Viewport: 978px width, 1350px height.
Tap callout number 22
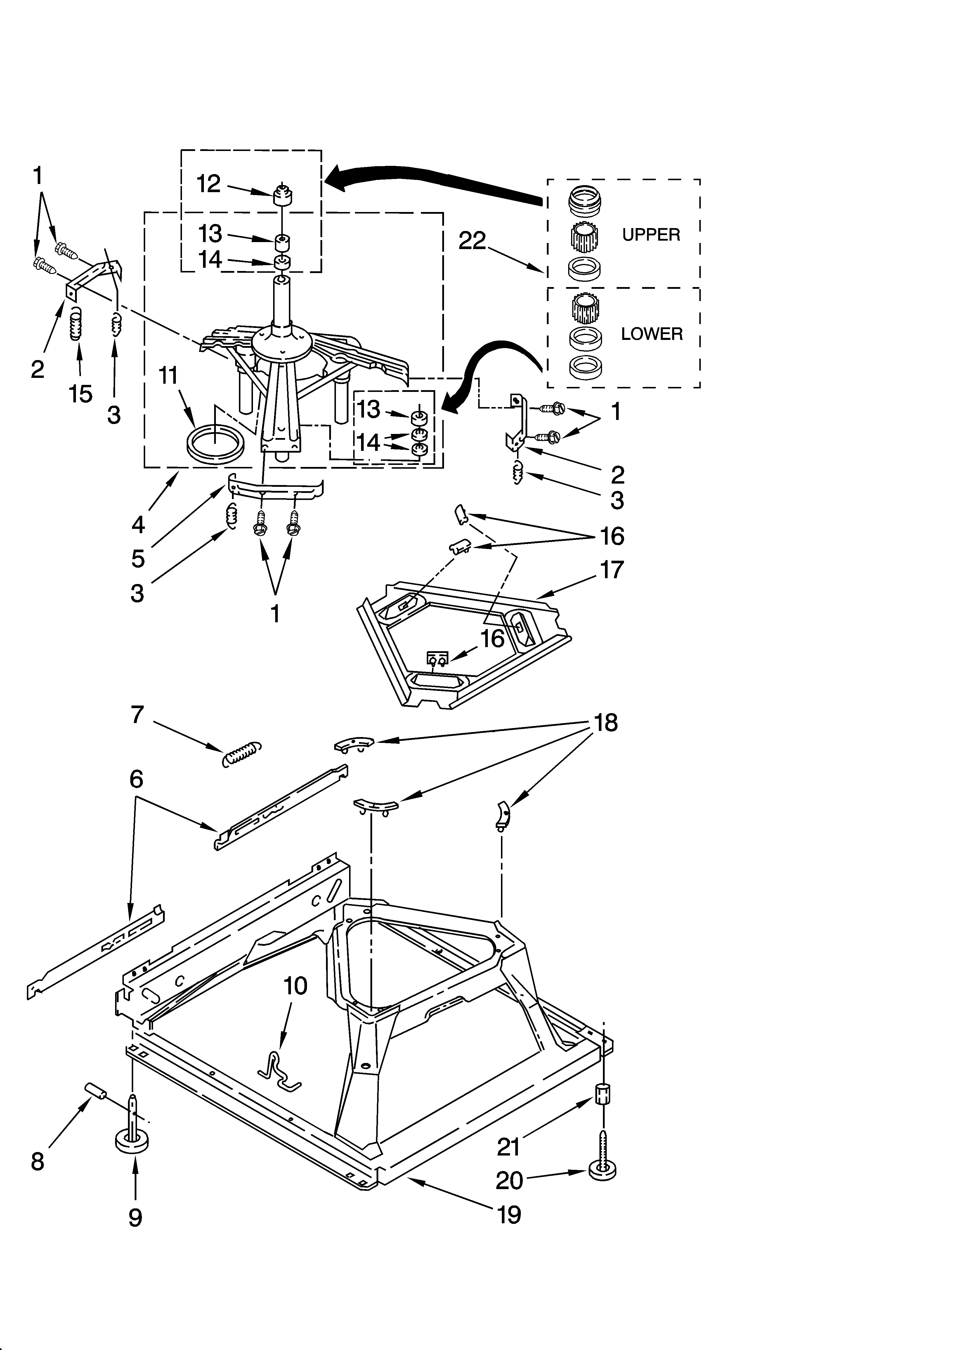pyautogui.click(x=472, y=241)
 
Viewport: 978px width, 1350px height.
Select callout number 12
pyautogui.click(x=209, y=184)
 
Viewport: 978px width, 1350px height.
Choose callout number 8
pyautogui.click(x=37, y=1161)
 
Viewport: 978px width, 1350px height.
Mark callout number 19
pyautogui.click(x=509, y=1214)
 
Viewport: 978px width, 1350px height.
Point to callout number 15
pyautogui.click(x=80, y=393)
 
